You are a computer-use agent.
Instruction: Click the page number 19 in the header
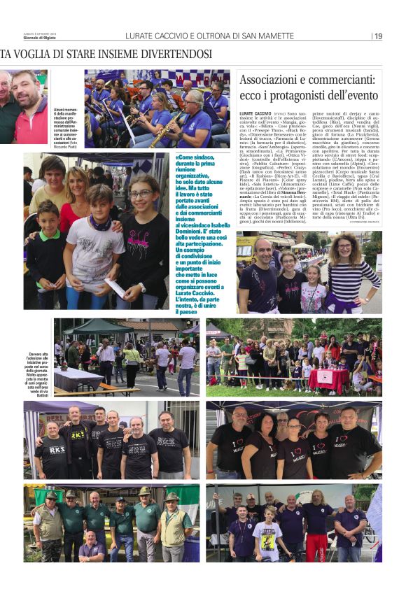click(x=378, y=36)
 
